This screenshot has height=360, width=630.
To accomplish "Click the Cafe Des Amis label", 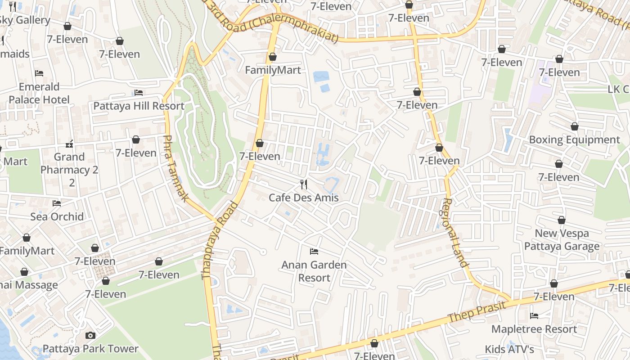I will coord(303,198).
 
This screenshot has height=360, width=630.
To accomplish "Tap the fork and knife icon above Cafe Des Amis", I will coord(304,184).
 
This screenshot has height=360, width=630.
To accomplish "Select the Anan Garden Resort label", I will coord(314,271).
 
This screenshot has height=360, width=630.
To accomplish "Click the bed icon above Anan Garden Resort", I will coord(314,251).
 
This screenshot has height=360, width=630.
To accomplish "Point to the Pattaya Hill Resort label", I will coord(139,106).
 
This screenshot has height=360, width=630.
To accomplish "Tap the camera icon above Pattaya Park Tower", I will coord(90,335).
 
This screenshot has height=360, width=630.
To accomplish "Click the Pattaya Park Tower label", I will coord(90,349).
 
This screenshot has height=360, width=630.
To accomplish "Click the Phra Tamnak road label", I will coord(176,168).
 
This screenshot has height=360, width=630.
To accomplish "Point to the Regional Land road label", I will coord(455,233).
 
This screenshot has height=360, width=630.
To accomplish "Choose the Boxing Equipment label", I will coord(574,139).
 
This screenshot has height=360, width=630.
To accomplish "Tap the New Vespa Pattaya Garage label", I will coord(562,240).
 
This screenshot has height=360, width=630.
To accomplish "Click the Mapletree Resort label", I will coord(534,329).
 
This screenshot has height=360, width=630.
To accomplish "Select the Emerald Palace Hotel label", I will coord(39,93).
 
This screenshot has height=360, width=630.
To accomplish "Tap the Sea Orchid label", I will coord(57,216).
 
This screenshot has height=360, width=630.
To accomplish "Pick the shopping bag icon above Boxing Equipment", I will coord(574,126).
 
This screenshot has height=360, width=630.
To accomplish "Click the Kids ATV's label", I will coord(509,349).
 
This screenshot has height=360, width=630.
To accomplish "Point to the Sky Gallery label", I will coord(25,20).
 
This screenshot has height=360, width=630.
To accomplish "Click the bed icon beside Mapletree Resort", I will coord(534,316).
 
